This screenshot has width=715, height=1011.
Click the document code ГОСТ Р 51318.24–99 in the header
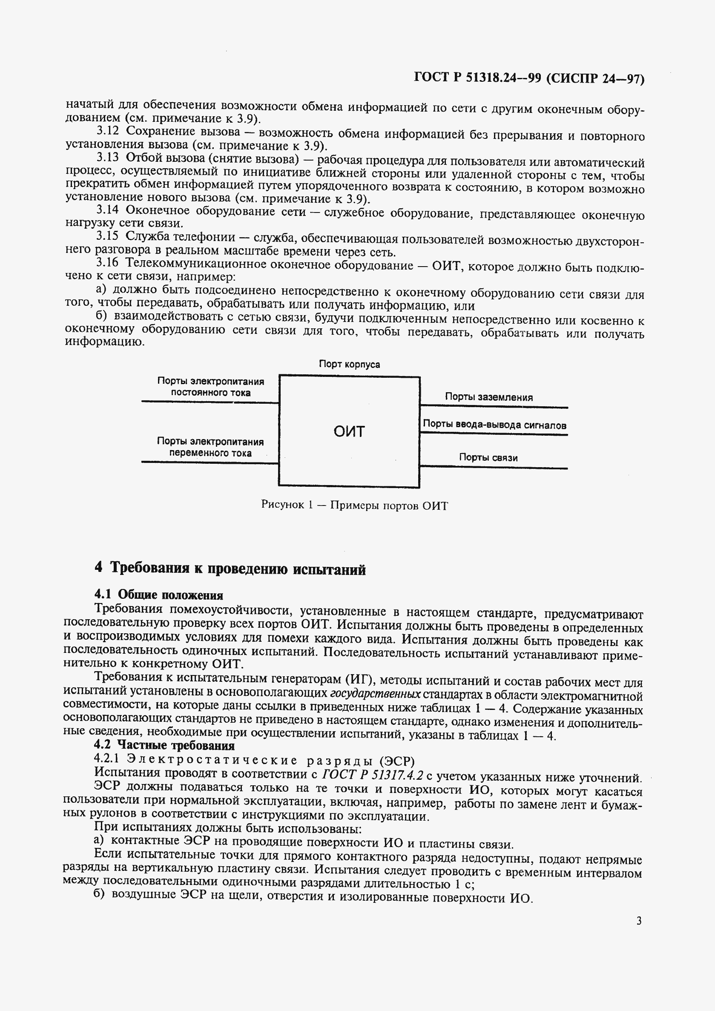coord(477,78)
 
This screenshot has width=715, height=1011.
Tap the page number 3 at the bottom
coord(639,920)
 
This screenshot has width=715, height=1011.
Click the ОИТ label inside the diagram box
coord(349,431)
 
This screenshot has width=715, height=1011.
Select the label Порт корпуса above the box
coord(349,364)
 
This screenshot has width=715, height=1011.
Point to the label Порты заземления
coord(489,397)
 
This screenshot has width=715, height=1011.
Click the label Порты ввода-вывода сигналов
coord(494,425)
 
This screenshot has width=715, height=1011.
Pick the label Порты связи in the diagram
coord(488,457)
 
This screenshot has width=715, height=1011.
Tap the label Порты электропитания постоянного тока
coord(210,387)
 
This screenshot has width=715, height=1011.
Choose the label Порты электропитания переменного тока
coord(210,447)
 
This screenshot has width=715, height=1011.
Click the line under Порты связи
coord(493,467)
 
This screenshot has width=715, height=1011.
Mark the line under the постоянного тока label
coord(210,402)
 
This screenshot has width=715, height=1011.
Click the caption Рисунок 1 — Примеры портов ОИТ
coord(354,505)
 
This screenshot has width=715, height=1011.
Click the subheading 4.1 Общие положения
coord(158,595)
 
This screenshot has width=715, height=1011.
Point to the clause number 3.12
coord(107,131)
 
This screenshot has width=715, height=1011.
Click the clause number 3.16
coord(107,263)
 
